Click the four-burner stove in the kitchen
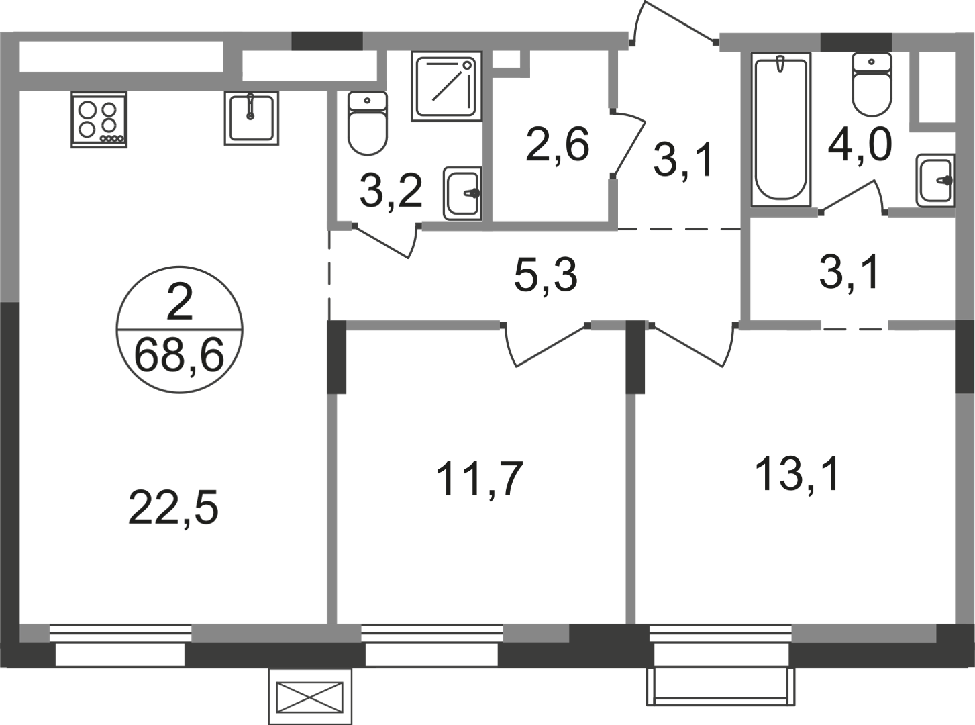[99, 119]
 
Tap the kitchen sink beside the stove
[252, 118]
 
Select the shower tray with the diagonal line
[447, 86]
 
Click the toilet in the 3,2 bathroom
[368, 123]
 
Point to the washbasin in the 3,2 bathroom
[462, 193]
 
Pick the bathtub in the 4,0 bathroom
[780, 130]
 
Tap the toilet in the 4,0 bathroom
[872, 85]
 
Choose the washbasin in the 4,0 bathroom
[935, 181]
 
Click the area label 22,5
[173, 509]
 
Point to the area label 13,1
[797, 474]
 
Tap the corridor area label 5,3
[545, 276]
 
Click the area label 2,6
[557, 145]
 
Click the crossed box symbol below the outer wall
[310, 697]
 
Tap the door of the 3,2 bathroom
[384, 240]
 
